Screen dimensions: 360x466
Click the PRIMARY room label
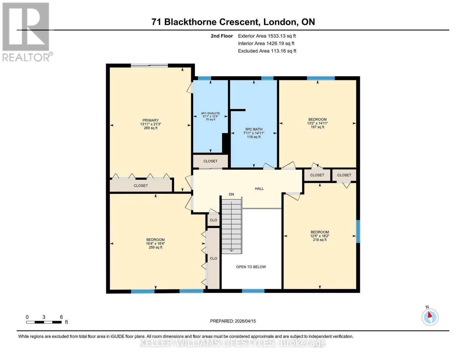150,120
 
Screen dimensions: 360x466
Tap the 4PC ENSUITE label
210,113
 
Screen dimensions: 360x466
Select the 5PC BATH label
254,129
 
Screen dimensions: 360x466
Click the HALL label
259,189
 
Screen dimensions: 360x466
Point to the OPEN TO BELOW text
251,267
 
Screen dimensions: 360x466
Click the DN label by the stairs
231,194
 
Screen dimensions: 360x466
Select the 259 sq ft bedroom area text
155,247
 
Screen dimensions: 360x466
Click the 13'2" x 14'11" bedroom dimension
317,123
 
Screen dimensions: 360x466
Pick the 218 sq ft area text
320,240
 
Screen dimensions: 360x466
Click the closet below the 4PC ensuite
210,161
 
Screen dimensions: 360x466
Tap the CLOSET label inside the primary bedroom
141,186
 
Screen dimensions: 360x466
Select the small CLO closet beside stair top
213,220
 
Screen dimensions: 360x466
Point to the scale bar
44,322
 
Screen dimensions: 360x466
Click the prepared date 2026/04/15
233,321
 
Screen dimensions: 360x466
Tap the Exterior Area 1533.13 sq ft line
267,36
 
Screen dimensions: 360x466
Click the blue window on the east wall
358,231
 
